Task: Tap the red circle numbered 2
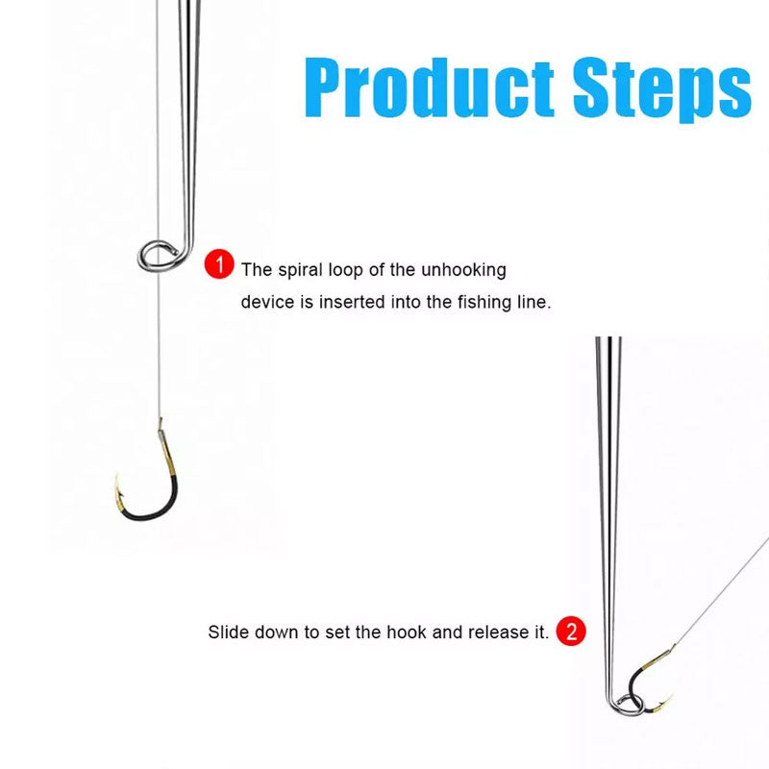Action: click(571, 632)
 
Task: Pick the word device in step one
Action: click(264, 302)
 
